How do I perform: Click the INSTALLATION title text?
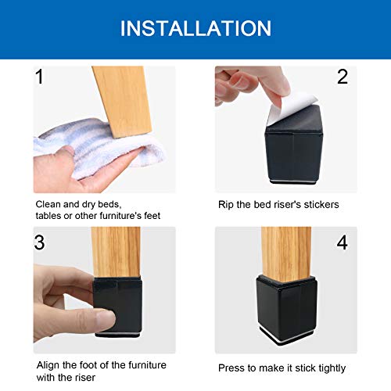[195, 29]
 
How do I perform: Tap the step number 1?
[41, 77]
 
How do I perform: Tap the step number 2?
[342, 77]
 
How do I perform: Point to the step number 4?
[342, 242]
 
